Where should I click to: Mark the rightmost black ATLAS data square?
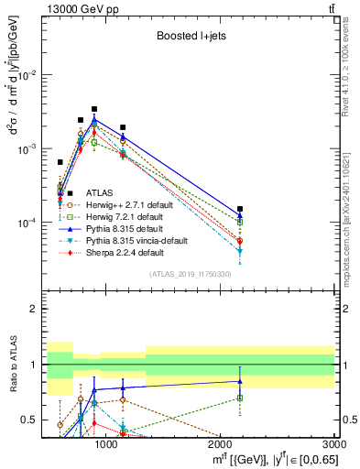click(x=240, y=209)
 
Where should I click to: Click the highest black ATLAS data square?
click(x=94, y=109)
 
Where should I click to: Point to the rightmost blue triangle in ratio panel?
click(x=240, y=381)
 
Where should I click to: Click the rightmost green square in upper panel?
click(x=240, y=222)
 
